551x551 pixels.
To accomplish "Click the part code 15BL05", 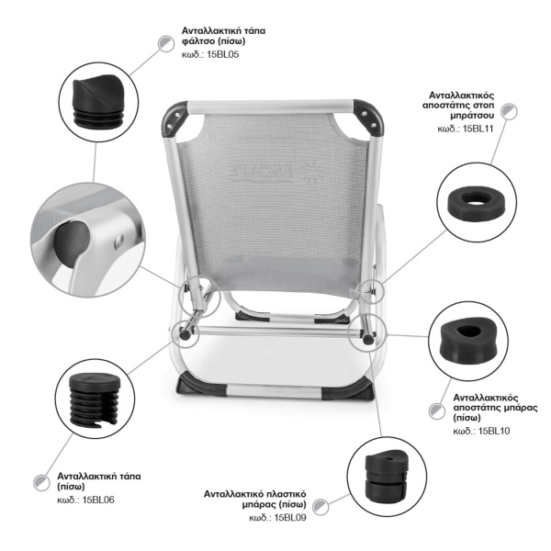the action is pyautogui.click(x=223, y=55).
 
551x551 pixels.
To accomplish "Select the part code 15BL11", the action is pyautogui.click(x=478, y=129).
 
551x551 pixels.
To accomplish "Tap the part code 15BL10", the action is pyautogui.click(x=494, y=431).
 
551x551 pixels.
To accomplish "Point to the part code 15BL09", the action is pyautogui.click(x=290, y=518).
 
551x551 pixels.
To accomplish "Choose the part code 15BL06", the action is pyautogui.click(x=98, y=500).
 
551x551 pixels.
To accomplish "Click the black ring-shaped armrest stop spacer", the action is pyautogui.click(x=477, y=203).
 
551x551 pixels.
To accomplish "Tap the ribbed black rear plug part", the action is pyautogui.click(x=95, y=400).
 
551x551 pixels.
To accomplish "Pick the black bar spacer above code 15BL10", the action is pyautogui.click(x=468, y=341).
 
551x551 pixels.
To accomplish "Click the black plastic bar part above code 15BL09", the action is pyautogui.click(x=387, y=475).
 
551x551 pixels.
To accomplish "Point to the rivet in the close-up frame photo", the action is pyautogui.click(x=119, y=241).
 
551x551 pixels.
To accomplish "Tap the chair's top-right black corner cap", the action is pyautogui.click(x=368, y=118).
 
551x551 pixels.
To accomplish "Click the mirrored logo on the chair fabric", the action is pyautogui.click(x=274, y=173).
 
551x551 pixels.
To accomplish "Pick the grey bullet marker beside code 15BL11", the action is pyautogui.click(x=509, y=112).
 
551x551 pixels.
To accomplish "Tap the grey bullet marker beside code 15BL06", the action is pyautogui.click(x=42, y=482).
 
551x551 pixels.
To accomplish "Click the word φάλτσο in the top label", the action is pyautogui.click(x=198, y=41).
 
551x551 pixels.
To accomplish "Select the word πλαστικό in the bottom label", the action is pyautogui.click(x=285, y=494).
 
